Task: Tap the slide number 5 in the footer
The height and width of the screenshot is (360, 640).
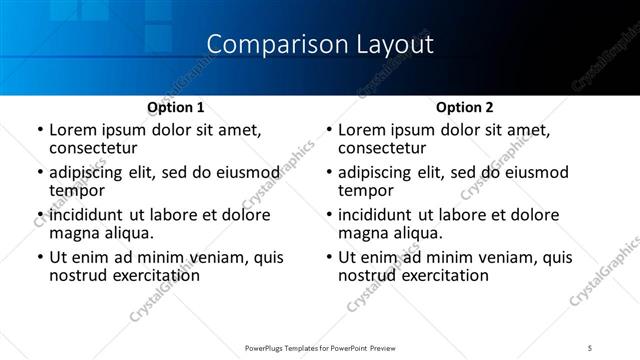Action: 591,347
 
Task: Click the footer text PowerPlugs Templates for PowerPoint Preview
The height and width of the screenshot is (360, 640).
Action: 319,347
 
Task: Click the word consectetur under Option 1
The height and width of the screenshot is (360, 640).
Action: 95,148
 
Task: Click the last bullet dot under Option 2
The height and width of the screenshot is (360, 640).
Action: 328,258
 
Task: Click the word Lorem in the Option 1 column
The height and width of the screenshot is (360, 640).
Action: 73,130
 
